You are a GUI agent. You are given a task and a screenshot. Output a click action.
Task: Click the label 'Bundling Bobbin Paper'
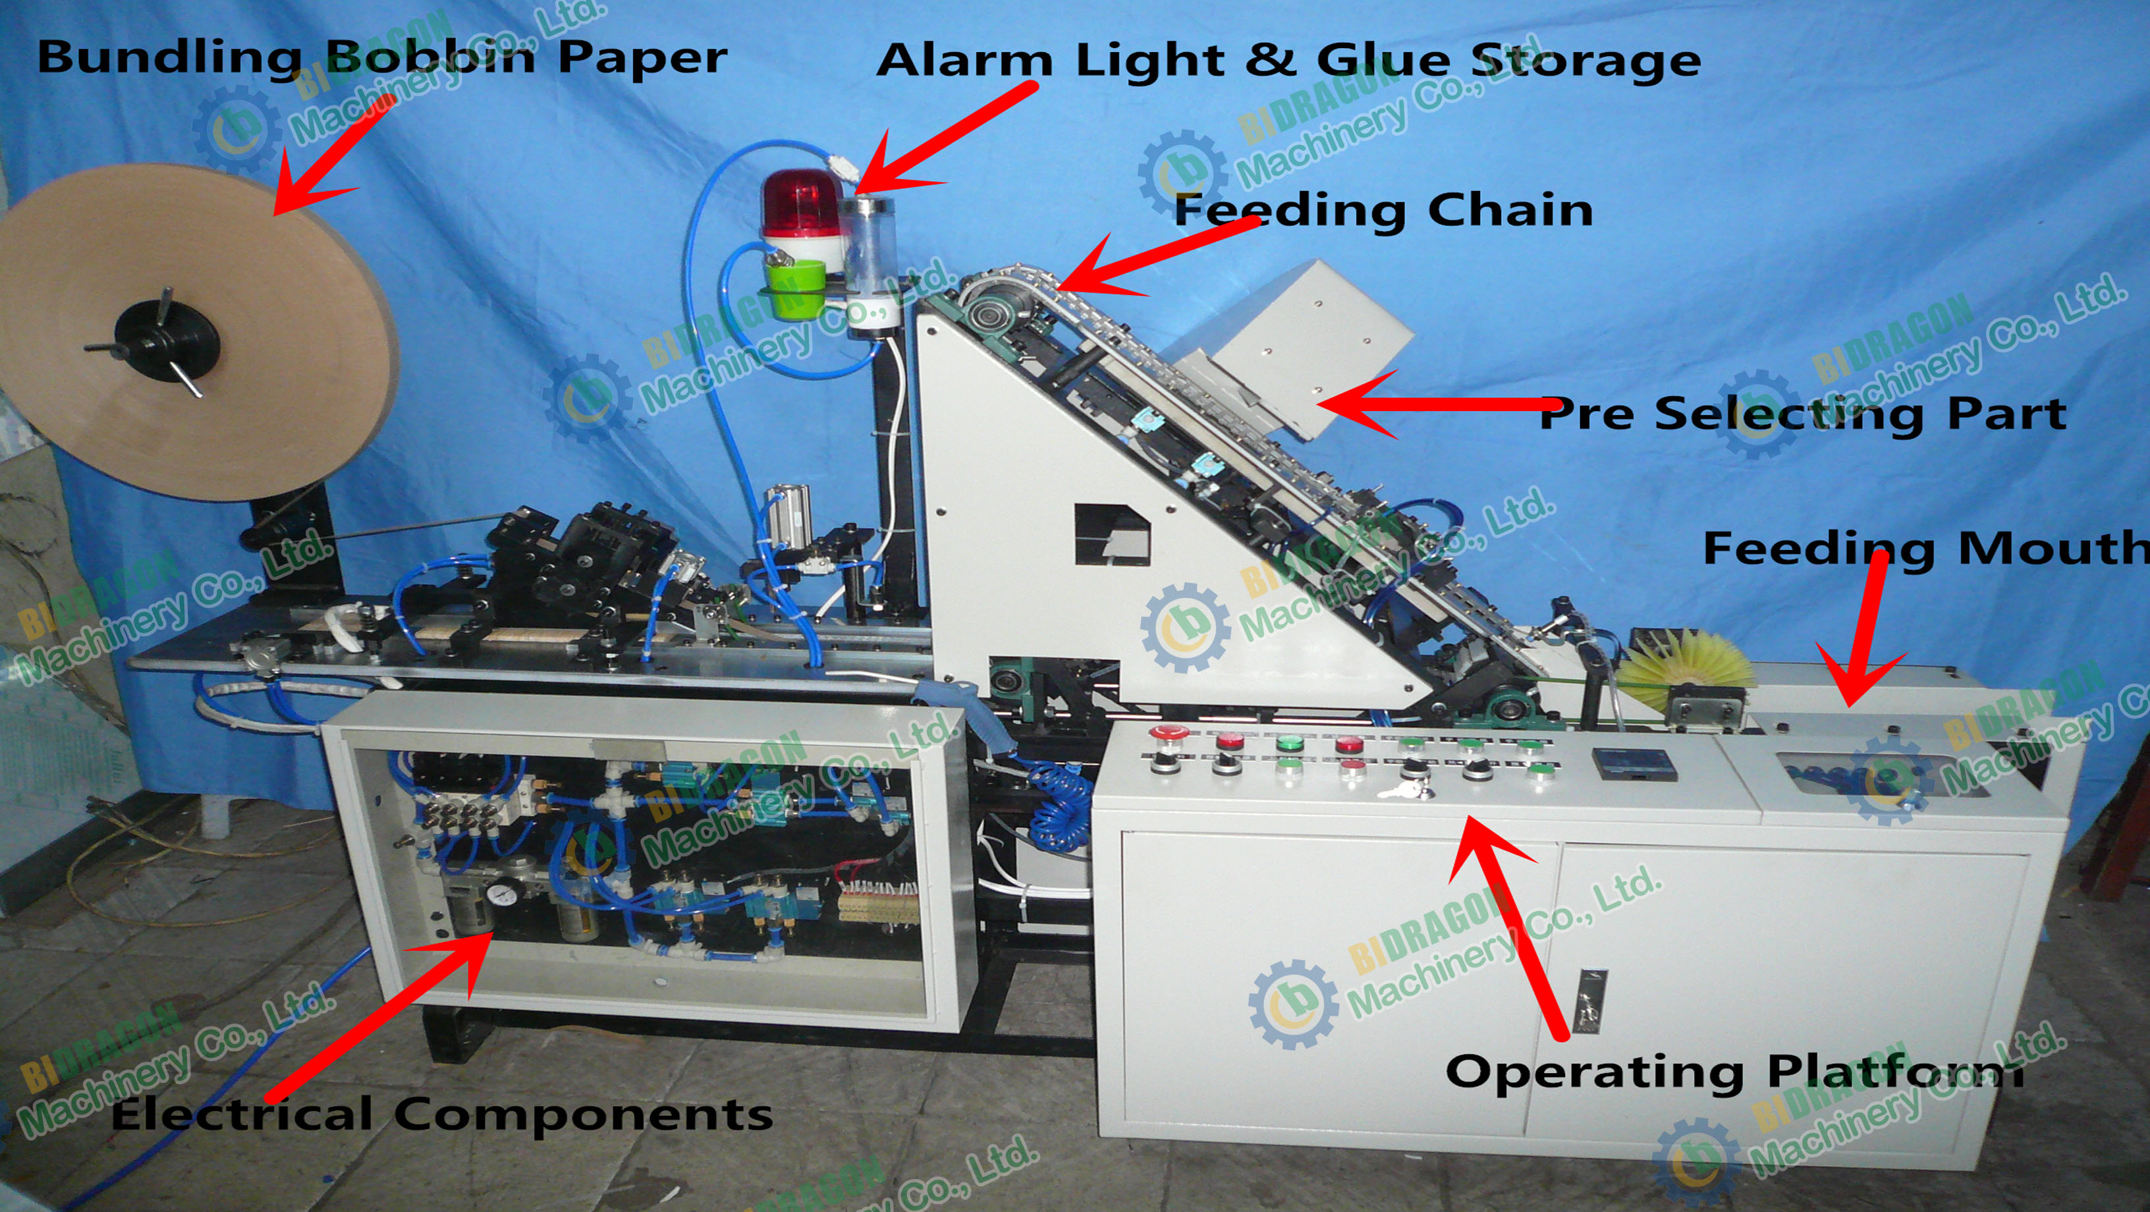point(381,57)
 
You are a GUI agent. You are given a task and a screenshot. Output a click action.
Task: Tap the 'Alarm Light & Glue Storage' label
point(1288,60)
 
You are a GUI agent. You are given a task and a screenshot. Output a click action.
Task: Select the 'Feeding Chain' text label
point(1383,209)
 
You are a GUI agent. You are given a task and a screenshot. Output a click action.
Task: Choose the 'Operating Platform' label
point(1734,1071)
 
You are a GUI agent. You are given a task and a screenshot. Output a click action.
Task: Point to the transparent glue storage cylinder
point(868,246)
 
